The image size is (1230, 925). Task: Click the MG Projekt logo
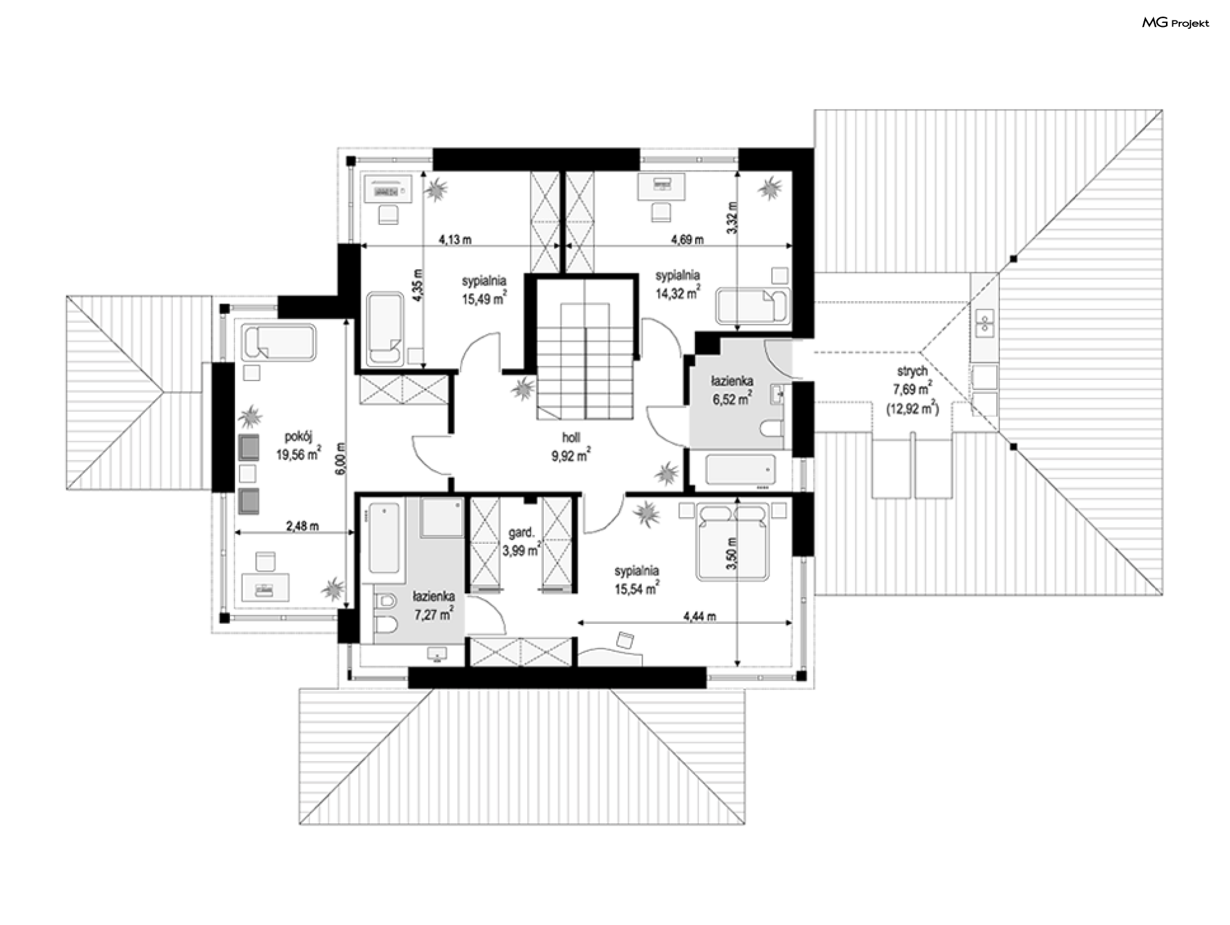pos(1176,23)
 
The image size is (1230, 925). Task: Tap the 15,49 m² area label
pos(485,298)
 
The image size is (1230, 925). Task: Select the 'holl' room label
pos(571,438)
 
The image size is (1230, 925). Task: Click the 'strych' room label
pos(912,372)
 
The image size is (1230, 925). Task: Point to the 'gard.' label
pos(521,533)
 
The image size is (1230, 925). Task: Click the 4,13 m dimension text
pos(455,240)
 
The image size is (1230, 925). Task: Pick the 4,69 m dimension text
pos(687,240)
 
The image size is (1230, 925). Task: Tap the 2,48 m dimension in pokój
pos(302,527)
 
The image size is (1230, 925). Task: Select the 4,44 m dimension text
pos(700,617)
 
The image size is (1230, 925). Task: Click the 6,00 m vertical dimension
pos(341,459)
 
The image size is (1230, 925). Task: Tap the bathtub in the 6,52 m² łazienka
pos(741,470)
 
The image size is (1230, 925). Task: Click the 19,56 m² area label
pos(299,454)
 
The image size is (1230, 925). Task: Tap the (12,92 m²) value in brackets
pos(913,407)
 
